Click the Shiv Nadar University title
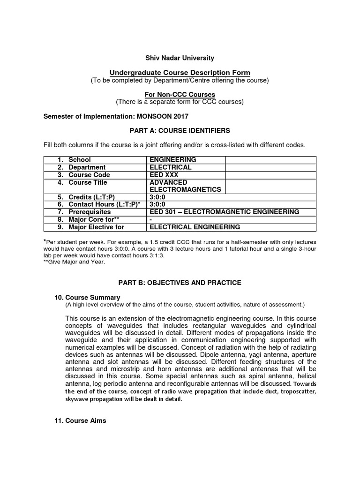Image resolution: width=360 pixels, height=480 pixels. tap(180, 58)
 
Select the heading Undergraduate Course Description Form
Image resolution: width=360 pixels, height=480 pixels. tap(180, 73)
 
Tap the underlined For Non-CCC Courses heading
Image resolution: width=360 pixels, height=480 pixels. tap(180, 95)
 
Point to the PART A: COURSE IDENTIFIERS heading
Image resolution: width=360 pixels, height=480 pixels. tap(180, 130)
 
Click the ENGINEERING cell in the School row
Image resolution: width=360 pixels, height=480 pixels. tap(172, 160)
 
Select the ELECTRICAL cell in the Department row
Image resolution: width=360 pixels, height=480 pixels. tap(170, 167)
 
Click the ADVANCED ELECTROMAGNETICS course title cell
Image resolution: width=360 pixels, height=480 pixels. tap(179, 186)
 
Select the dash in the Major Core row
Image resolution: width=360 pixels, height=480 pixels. tap(150, 220)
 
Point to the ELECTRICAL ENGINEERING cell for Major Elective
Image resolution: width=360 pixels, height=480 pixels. tap(194, 227)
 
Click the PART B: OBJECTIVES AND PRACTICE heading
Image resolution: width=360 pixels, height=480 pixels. tap(180, 283)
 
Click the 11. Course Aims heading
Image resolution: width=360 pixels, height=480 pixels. tap(81, 420)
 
